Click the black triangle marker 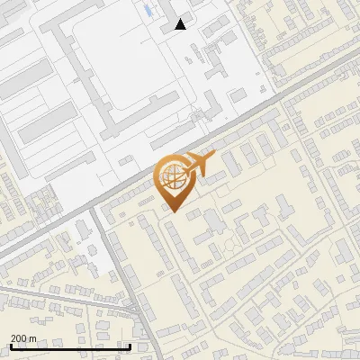tap(181, 24)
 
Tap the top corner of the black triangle tap(181, 19)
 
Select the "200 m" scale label tap(24, 338)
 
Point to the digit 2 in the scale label tap(13, 338)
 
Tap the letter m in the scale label tap(34, 338)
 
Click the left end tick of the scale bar tap(10, 345)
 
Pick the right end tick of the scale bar tap(130, 345)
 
